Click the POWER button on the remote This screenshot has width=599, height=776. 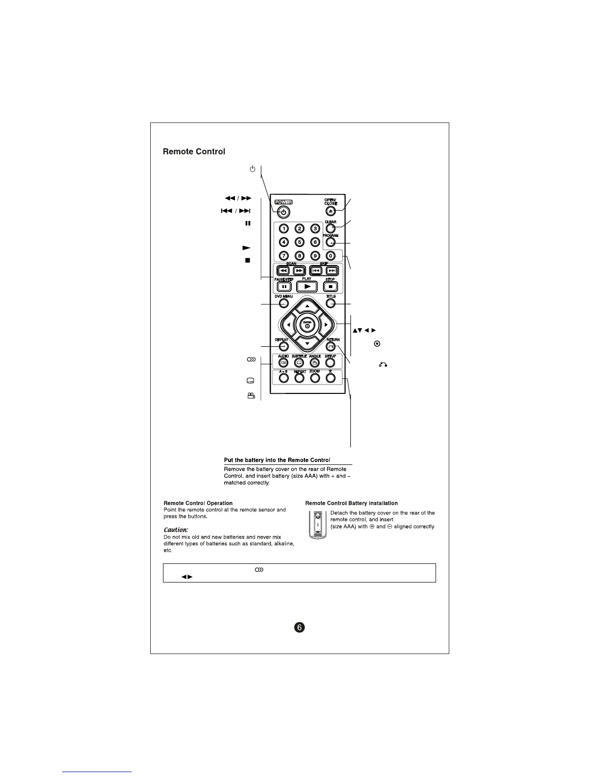283,213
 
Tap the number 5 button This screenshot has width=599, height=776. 299,242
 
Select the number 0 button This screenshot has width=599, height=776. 330,255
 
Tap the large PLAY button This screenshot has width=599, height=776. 307,287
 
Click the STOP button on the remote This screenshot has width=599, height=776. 330,287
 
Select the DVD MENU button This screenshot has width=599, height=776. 283,303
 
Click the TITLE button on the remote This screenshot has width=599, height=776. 330,303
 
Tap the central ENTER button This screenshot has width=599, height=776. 307,325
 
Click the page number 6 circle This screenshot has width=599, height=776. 299,627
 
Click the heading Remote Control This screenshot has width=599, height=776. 194,151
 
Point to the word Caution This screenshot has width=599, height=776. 176,530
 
